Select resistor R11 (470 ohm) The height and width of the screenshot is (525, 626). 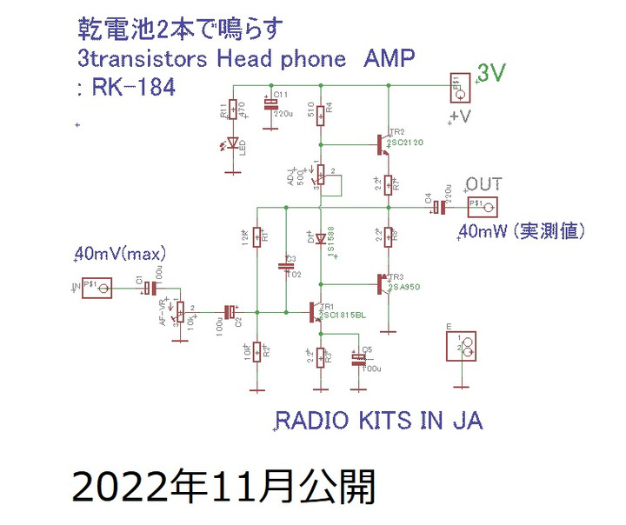tap(232, 110)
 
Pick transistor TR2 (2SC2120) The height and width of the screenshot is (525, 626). tap(383, 143)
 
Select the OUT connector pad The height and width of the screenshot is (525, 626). tap(483, 207)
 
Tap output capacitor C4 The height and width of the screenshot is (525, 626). tap(440, 207)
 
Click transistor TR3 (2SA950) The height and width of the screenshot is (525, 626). tap(383, 283)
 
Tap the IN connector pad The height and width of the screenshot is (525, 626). tap(97, 289)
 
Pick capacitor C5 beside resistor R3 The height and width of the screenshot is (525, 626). tap(357, 357)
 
